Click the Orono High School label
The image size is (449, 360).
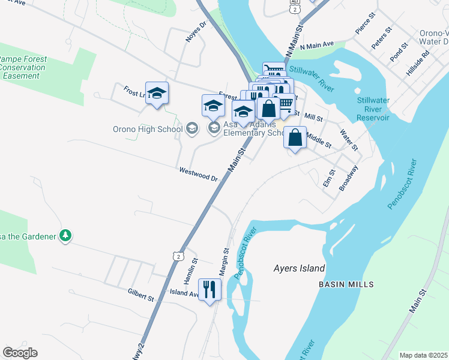point(148,129)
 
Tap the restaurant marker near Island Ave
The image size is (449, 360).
point(209,290)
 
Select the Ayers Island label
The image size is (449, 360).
point(299,269)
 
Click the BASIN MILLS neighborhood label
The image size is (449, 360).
point(346,284)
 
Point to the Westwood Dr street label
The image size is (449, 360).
point(199,174)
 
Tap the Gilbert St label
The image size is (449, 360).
point(141,294)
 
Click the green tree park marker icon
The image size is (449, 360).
point(65,236)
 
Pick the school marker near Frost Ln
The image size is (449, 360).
point(157,94)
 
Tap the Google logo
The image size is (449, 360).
point(20,353)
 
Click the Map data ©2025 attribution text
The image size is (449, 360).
point(424,355)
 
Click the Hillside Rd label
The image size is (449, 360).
point(418,62)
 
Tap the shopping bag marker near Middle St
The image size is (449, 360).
point(295,138)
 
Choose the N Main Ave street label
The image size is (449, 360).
point(317,45)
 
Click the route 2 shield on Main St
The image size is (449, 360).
point(178,256)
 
